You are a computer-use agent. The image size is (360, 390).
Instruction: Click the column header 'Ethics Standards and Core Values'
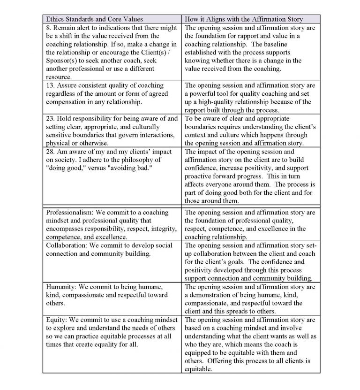(93, 19)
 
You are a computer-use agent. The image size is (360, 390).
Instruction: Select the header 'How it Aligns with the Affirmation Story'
(244, 19)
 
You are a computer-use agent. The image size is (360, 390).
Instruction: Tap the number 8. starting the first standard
(48, 27)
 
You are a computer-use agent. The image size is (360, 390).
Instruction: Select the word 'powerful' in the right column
(205, 93)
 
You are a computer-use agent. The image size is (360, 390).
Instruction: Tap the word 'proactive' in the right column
(201, 176)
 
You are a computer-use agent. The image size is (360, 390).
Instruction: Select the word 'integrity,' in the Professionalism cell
(161, 229)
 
